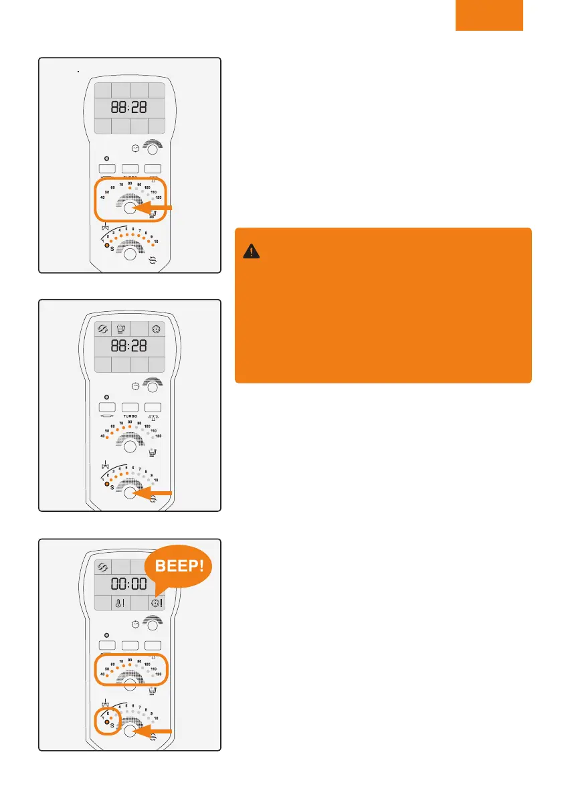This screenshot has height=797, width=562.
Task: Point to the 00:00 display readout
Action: (x=129, y=583)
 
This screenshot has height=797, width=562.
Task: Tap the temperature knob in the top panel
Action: (x=130, y=208)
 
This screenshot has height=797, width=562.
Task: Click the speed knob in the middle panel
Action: (x=130, y=493)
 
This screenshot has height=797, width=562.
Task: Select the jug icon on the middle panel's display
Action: (x=121, y=329)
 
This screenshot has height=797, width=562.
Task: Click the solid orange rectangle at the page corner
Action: (x=489, y=15)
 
